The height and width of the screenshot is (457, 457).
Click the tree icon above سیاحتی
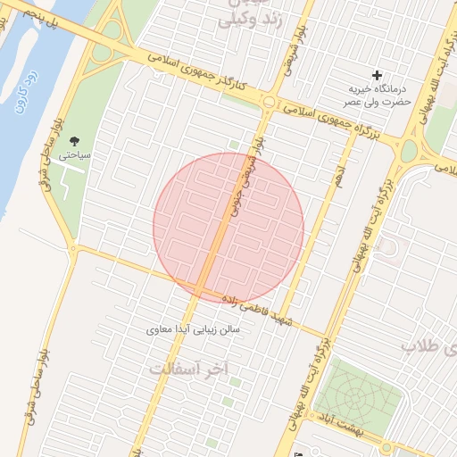(74, 139)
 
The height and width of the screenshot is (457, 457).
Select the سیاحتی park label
(75, 154)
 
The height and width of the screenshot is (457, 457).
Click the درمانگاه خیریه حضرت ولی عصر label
(377, 96)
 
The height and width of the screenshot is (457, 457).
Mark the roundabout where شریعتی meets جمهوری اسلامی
(268, 101)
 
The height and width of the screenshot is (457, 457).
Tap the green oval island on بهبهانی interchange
(408, 152)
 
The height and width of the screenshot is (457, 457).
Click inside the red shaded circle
(228, 228)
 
